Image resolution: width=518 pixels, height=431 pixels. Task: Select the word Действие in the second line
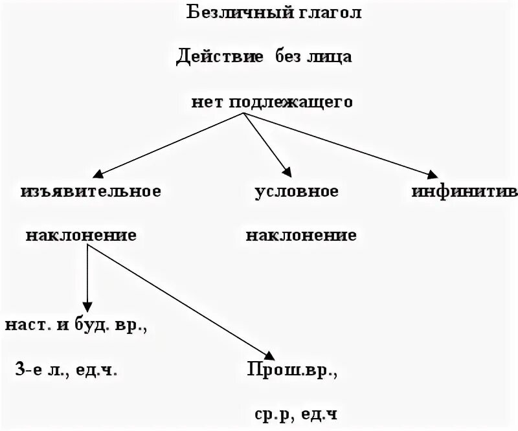click(220, 58)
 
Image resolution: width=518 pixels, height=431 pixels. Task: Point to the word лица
click(331, 58)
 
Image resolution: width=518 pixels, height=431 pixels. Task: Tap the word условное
click(297, 192)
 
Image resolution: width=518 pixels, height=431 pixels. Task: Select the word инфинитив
click(464, 192)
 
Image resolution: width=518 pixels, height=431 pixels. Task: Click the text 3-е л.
click(39, 371)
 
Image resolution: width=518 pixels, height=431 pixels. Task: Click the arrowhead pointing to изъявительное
click(98, 174)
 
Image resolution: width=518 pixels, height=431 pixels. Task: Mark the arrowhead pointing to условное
click(286, 172)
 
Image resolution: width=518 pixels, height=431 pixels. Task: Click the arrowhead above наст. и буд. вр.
click(87, 307)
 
